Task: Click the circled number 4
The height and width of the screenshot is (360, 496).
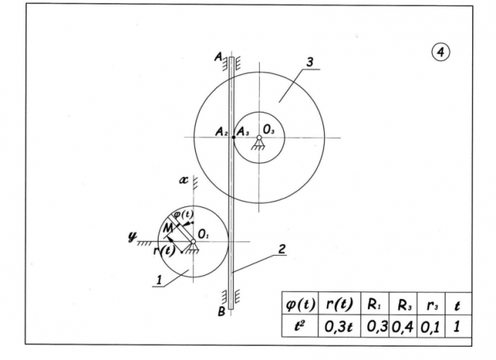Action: coord(441,52)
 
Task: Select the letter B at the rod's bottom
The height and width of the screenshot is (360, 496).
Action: coord(220,311)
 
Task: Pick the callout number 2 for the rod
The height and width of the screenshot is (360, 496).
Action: coord(282,250)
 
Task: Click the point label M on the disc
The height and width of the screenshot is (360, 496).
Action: coord(168,224)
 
